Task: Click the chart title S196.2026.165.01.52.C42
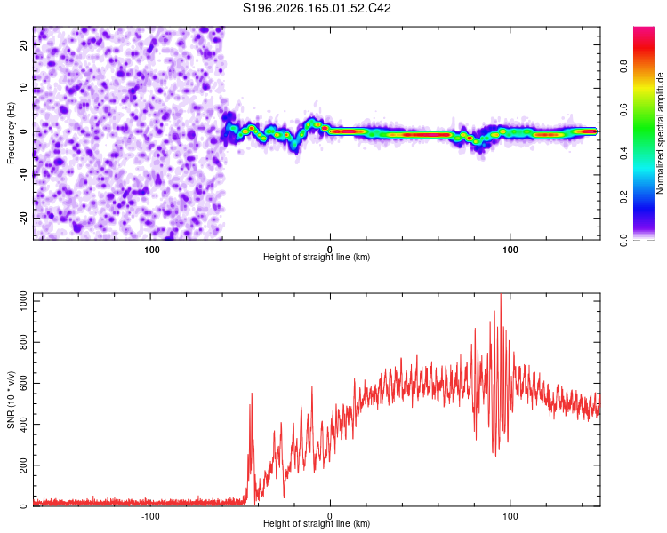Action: click(x=317, y=8)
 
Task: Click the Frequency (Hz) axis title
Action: click(x=11, y=133)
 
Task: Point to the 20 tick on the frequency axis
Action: click(x=23, y=45)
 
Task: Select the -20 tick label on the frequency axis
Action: click(x=23, y=218)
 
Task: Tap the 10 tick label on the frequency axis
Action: click(x=23, y=88)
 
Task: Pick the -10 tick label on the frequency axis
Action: click(x=23, y=175)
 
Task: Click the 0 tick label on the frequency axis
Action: click(x=23, y=131)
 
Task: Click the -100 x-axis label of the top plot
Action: click(x=149, y=250)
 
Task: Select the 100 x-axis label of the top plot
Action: click(x=510, y=250)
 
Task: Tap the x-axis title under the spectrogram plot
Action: click(x=317, y=257)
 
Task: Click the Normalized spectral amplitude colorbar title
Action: click(x=660, y=133)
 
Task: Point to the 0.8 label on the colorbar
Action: click(x=623, y=67)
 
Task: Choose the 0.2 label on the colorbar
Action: click(x=623, y=197)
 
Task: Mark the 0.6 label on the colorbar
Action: click(x=623, y=109)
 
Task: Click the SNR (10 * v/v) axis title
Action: click(x=11, y=400)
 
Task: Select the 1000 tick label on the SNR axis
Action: click(x=23, y=301)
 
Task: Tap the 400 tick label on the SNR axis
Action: click(x=23, y=425)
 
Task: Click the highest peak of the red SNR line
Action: click(x=501, y=294)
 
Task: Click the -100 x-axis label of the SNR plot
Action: click(x=149, y=516)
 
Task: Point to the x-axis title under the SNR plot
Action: click(x=317, y=523)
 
